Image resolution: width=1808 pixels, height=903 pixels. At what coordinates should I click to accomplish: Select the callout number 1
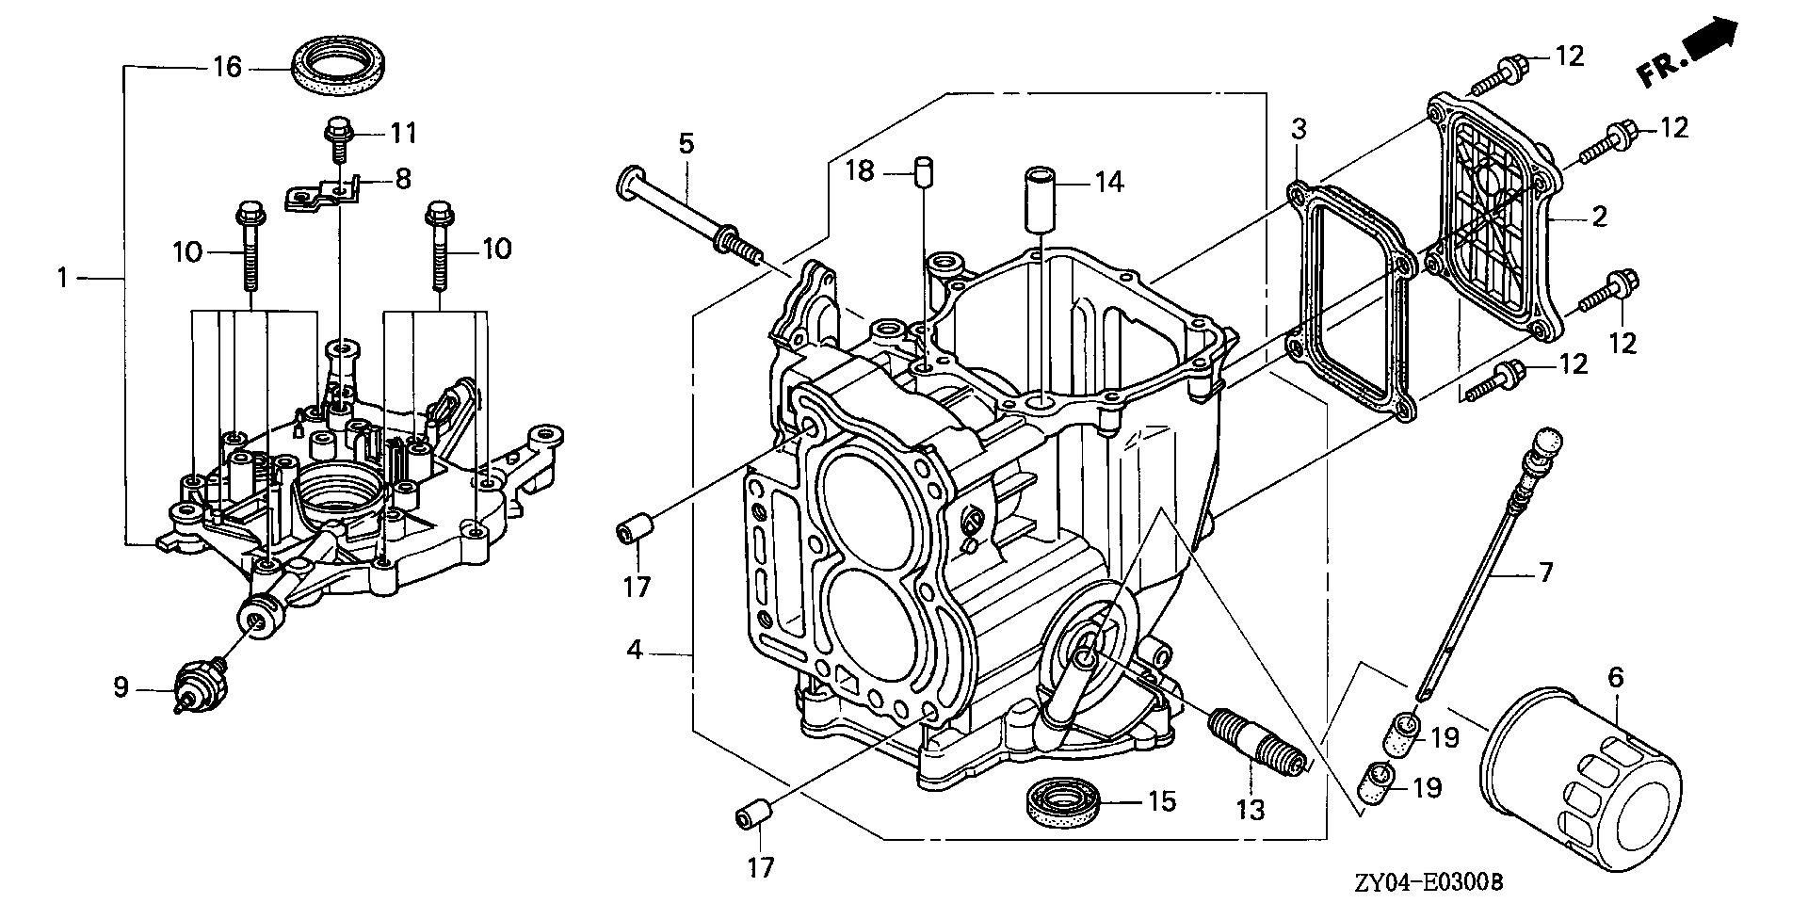tap(62, 251)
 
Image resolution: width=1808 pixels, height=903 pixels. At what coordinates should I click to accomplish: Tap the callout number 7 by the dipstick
tap(1544, 572)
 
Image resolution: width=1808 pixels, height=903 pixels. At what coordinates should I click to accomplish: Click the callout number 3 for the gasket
tap(1299, 129)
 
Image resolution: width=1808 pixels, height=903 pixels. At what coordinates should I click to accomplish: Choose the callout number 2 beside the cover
tap(1599, 218)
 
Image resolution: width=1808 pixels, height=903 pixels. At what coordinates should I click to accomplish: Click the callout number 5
tap(686, 144)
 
